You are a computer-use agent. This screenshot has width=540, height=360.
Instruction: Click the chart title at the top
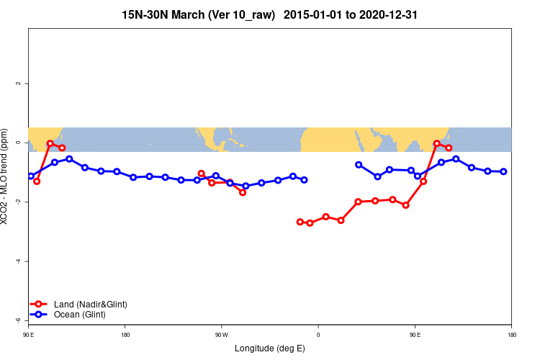point(270,14)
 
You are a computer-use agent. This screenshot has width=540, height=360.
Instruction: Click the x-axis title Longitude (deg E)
point(270,348)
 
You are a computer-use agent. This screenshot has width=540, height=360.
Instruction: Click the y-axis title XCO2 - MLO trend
point(6,176)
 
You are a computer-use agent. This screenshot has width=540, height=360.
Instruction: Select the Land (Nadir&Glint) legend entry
point(90,305)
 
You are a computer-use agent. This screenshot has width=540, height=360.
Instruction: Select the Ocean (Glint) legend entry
point(79,315)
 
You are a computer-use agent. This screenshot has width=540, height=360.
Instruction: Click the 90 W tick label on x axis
point(221,335)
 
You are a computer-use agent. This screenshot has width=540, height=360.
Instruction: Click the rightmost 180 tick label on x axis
point(511,335)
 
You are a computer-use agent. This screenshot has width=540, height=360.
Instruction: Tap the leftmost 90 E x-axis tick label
point(29,335)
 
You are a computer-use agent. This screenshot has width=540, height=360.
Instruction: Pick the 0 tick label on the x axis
point(318,335)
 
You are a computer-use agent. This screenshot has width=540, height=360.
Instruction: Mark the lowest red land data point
point(310,223)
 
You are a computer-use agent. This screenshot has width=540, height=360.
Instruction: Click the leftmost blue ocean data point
point(31,176)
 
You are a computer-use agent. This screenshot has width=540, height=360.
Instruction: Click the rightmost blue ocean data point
point(503,171)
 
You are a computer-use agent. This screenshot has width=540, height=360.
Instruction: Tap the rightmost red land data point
point(449,148)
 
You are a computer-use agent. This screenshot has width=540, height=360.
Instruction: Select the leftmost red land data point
point(37,181)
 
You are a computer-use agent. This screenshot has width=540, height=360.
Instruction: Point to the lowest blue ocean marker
point(246,186)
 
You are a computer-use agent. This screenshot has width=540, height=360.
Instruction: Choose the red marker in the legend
point(40,305)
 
